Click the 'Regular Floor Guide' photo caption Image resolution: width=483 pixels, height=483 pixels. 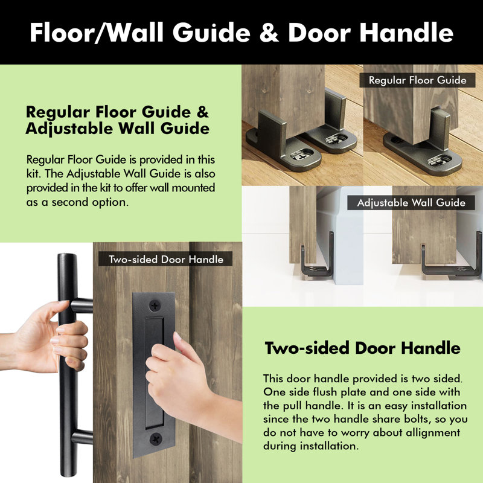417,80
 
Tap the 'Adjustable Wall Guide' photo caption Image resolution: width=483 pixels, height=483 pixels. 411,203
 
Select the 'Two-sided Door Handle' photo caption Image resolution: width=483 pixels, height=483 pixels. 165,259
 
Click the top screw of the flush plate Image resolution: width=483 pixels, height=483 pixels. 155,305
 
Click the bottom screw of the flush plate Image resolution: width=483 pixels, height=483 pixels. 156,438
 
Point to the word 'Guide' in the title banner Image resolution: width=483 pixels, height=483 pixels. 211,33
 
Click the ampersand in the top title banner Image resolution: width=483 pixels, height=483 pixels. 269,33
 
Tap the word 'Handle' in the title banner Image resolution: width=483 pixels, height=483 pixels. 406,33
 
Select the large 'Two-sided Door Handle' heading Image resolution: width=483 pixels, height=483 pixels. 363,348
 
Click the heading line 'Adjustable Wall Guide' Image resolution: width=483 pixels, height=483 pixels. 117,129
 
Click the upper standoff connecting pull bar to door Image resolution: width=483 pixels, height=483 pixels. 82,305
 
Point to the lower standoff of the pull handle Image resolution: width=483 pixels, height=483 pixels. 82,437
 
